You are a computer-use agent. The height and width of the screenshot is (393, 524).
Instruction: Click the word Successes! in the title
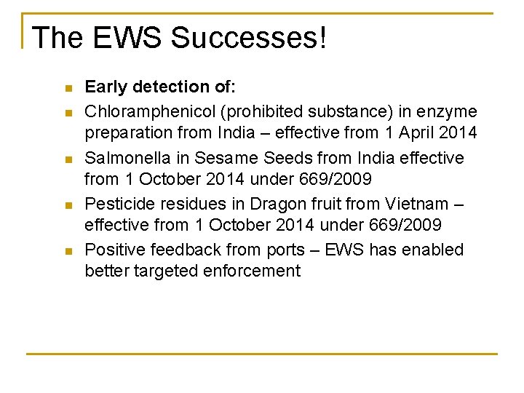[249, 38]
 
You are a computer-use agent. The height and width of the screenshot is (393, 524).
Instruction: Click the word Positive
[116, 250]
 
